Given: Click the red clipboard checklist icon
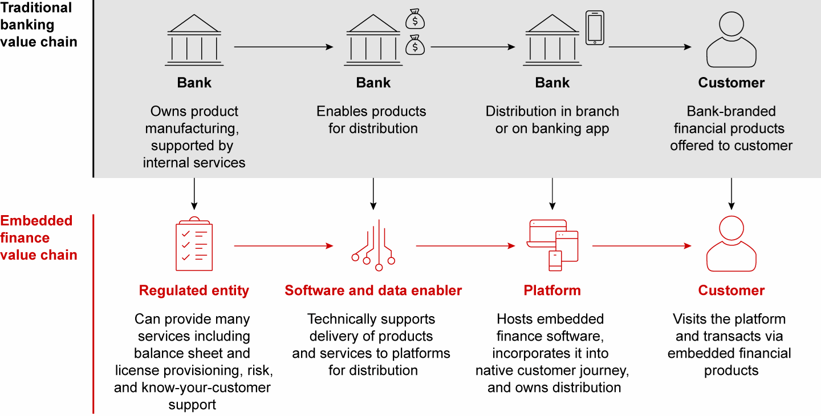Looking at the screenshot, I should click(194, 245).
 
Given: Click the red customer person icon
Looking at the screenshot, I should click(731, 244).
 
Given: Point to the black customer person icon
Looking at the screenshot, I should click(731, 41).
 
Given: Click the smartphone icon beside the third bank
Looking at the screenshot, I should click(595, 28).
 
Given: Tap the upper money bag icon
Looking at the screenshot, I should click(415, 19).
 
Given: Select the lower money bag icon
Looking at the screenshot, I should click(415, 45).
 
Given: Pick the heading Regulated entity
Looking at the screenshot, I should click(194, 290).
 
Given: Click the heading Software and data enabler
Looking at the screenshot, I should click(373, 290).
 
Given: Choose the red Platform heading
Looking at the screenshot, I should click(552, 290).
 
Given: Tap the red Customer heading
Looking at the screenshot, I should click(731, 290).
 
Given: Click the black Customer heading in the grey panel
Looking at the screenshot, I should click(731, 83).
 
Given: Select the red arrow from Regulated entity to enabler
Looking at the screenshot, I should click(283, 246).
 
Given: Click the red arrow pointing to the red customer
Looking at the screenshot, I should click(641, 246).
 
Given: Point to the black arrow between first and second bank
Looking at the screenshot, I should click(283, 47).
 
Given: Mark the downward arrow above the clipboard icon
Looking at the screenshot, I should click(194, 194).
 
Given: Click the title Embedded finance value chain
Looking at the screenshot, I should click(39, 238).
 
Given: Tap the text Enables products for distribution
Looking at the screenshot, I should click(372, 120).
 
